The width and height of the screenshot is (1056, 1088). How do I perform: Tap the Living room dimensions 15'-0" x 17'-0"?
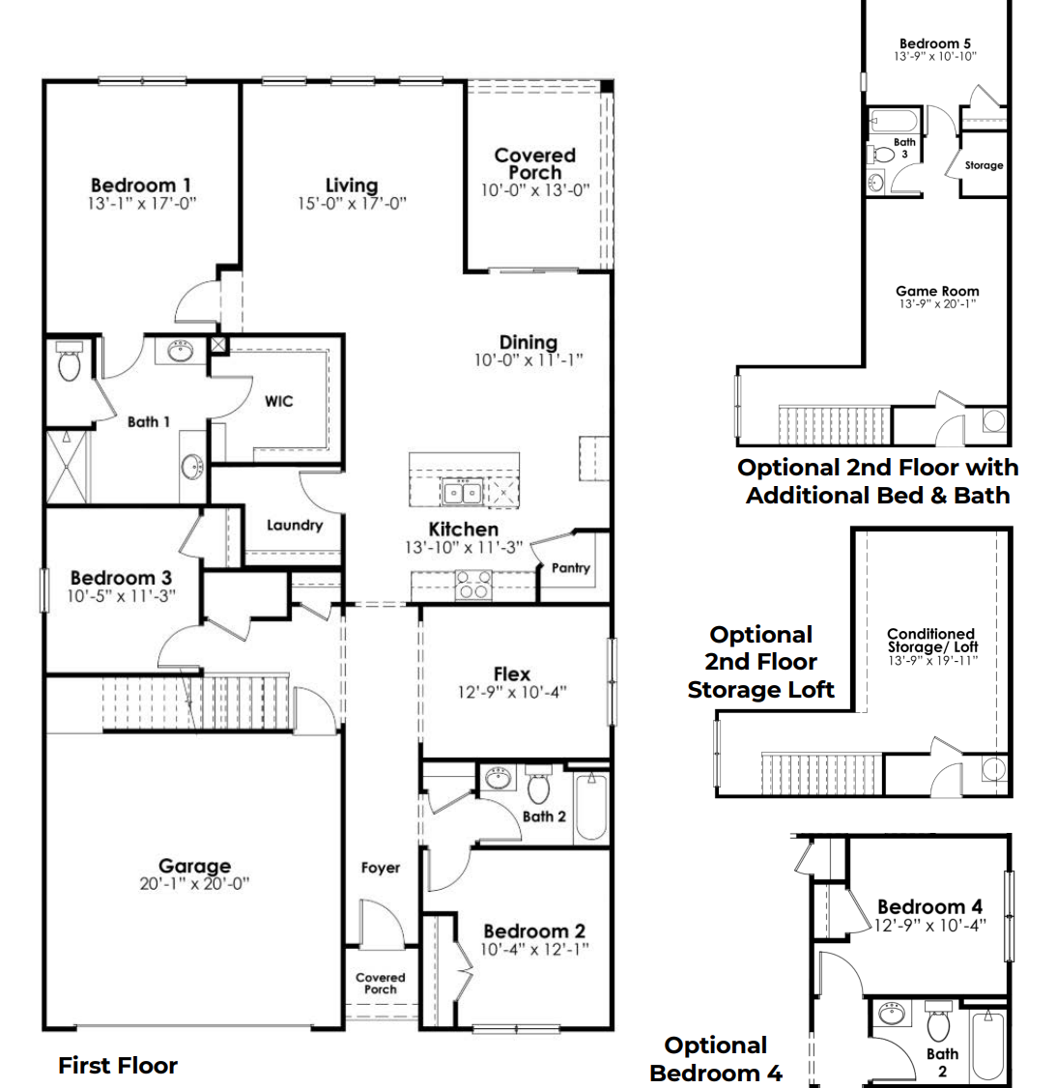(x=352, y=204)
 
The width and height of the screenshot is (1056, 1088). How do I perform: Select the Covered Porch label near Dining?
(x=534, y=163)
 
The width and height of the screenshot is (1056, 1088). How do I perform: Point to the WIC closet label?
(x=278, y=401)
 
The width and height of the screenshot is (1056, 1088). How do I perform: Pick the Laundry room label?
(x=295, y=526)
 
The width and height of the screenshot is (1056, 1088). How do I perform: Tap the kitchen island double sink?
(x=462, y=493)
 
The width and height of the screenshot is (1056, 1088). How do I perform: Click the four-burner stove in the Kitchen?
(x=473, y=586)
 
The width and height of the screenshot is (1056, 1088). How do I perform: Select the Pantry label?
(x=570, y=568)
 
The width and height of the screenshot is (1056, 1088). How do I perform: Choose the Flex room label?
(x=512, y=673)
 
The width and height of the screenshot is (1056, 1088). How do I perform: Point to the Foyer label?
(x=381, y=868)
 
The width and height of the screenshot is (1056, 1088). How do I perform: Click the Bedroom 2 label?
(x=534, y=931)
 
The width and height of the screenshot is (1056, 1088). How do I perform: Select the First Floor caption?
(x=118, y=1066)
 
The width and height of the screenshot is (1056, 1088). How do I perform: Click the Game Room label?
(x=937, y=291)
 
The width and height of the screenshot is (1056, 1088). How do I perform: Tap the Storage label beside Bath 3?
(x=984, y=165)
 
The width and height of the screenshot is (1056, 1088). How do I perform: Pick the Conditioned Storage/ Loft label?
(x=932, y=641)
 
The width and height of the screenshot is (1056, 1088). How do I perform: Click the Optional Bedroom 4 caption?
(x=716, y=1059)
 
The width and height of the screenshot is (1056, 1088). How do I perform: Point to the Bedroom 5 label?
(x=935, y=43)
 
